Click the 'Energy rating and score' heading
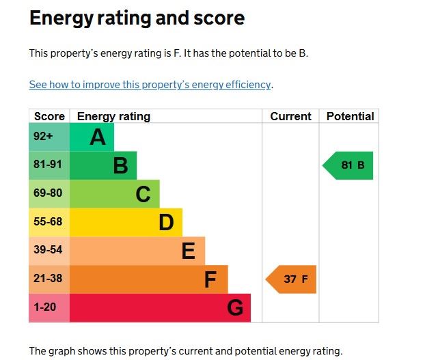(137, 18)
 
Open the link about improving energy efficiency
(150, 85)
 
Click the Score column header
(49, 116)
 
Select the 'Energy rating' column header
(113, 116)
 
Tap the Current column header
(290, 116)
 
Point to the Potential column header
(350, 116)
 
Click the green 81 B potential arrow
(349, 165)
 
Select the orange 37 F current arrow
(292, 279)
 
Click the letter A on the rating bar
(98, 137)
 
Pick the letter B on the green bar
(120, 166)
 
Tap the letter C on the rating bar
(143, 195)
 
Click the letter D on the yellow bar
(166, 223)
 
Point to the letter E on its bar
(189, 251)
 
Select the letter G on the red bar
(234, 308)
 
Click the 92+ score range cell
(44, 137)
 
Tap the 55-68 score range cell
(48, 222)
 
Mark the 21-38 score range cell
(48, 279)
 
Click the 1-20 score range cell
(45, 307)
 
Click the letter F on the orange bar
(210, 280)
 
